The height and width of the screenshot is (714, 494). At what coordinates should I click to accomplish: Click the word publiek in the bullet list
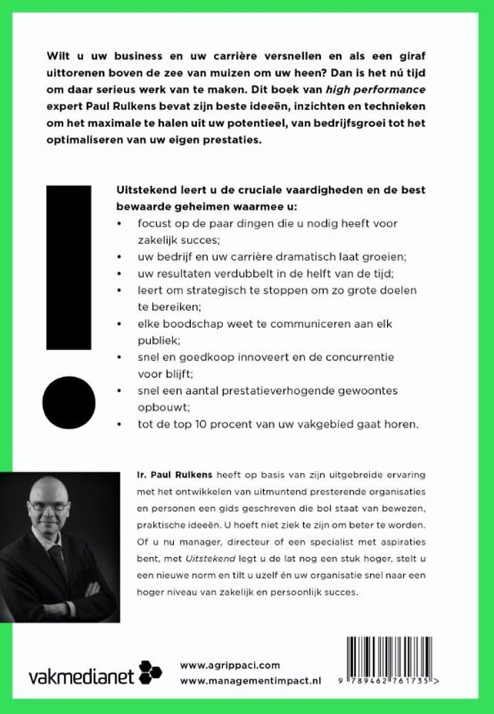point(149,341)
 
